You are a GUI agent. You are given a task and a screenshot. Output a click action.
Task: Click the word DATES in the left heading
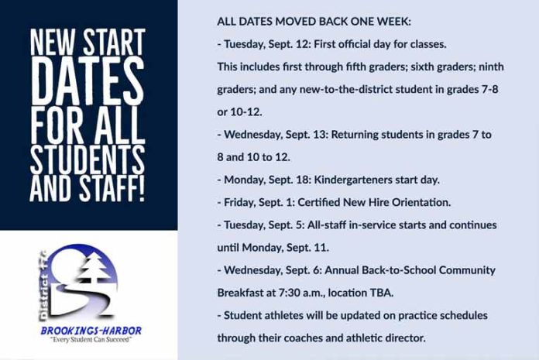pos(88,81)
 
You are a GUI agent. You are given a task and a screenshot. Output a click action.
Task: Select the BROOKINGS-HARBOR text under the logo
pos(91,331)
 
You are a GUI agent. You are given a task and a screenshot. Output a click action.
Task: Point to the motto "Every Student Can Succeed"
pos(91,340)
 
